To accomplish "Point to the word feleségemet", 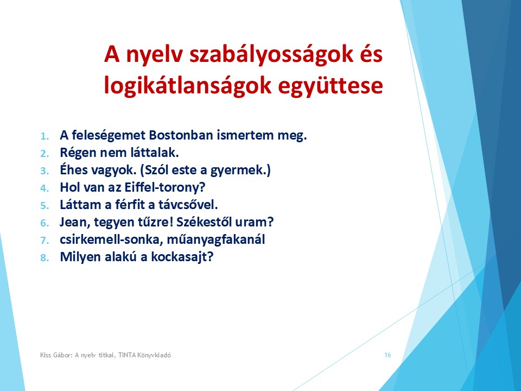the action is tap(109, 136).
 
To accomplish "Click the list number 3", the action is tap(45, 171).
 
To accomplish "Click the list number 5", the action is tap(45, 205).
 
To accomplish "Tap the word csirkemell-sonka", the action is tap(112, 239).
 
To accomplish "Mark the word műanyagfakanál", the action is tap(215, 239).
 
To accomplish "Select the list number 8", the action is tap(45, 257).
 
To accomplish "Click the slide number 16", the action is tap(387, 355).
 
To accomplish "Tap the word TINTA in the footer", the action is tap(127, 355).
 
